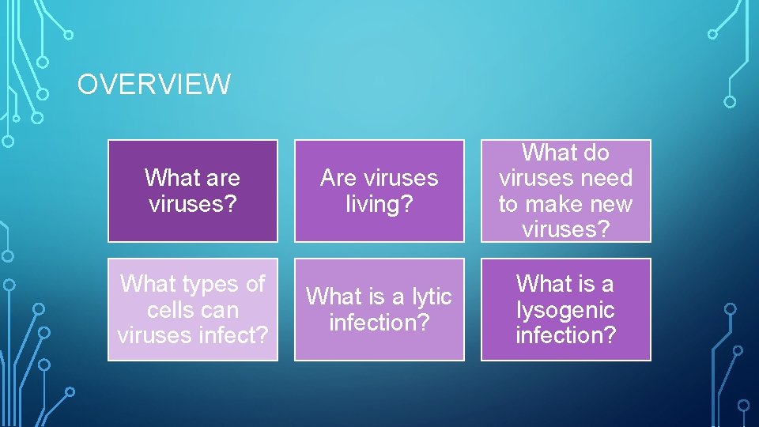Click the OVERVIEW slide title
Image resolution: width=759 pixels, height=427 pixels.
pyautogui.click(x=153, y=84)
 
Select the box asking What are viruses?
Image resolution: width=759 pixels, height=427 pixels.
pyautogui.click(x=193, y=191)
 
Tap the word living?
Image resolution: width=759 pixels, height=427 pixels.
pyautogui.click(x=379, y=204)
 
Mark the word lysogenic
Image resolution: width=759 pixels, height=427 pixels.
pyautogui.click(x=565, y=309)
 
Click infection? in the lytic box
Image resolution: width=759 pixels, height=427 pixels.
pyautogui.click(x=379, y=323)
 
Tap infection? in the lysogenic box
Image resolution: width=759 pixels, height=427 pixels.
pyautogui.click(x=565, y=335)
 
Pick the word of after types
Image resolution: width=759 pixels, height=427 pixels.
pyautogui.click(x=255, y=283)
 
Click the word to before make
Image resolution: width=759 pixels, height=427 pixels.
pyautogui.click(x=508, y=204)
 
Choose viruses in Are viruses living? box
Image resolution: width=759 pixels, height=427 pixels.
pyautogui.click(x=402, y=178)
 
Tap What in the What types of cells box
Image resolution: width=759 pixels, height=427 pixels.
pyautogui.click(x=149, y=283)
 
